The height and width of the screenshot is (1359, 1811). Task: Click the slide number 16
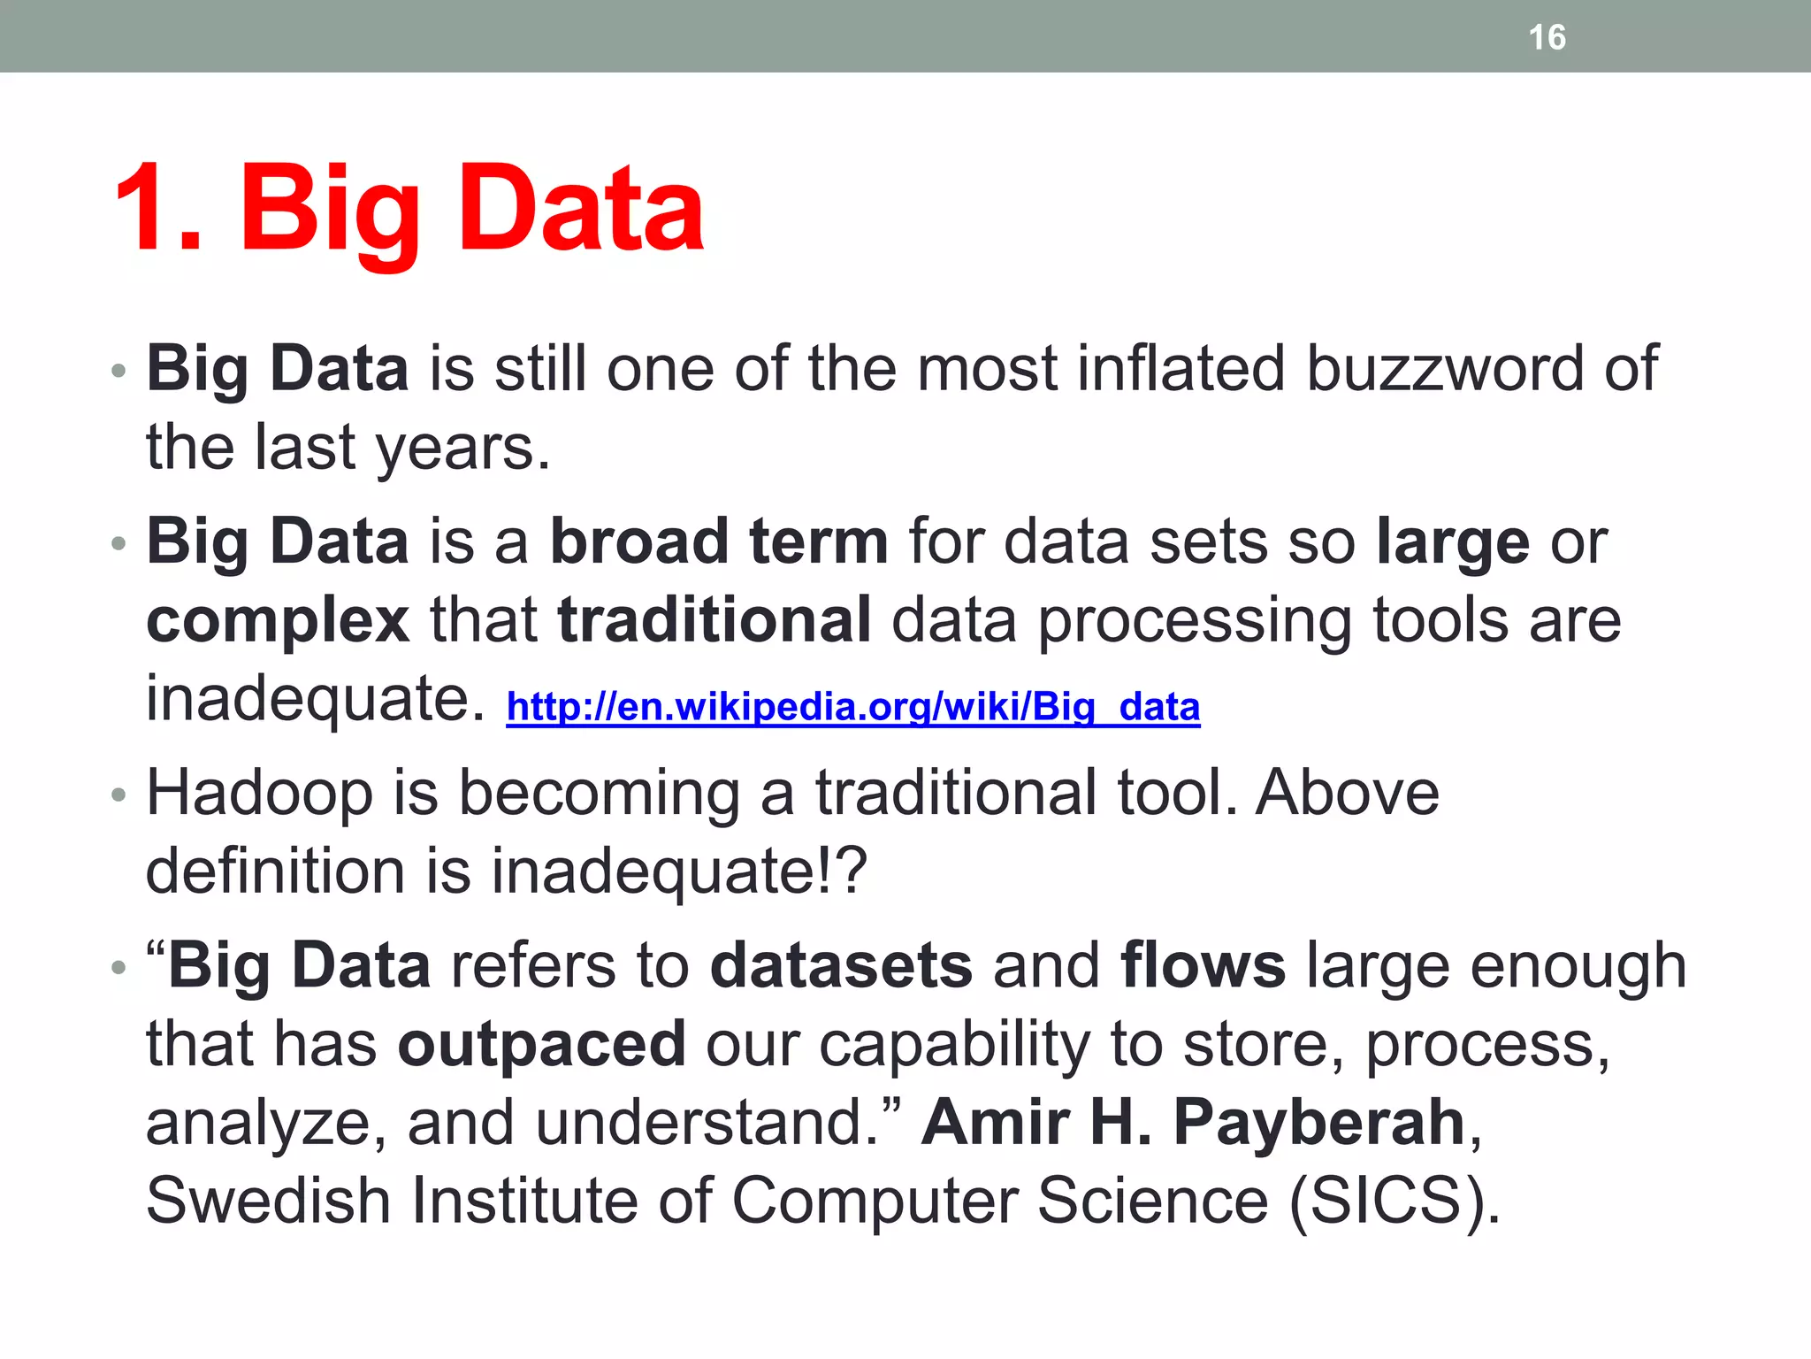click(1547, 37)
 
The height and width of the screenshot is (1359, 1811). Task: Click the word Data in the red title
click(581, 211)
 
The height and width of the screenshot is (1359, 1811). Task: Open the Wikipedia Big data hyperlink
click(852, 707)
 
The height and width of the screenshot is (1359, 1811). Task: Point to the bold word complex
click(278, 621)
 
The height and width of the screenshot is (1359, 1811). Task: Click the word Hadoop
click(259, 793)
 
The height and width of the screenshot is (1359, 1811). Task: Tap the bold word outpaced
click(541, 1044)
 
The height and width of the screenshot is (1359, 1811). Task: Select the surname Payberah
click(1318, 1122)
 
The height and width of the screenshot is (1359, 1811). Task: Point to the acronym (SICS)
click(1394, 1201)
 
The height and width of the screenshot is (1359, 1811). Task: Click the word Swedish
click(268, 1201)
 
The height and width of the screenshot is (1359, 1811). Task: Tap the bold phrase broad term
click(719, 541)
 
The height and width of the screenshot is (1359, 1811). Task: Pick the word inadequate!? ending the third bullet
click(679, 871)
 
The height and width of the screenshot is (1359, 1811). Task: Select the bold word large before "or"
click(1453, 543)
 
